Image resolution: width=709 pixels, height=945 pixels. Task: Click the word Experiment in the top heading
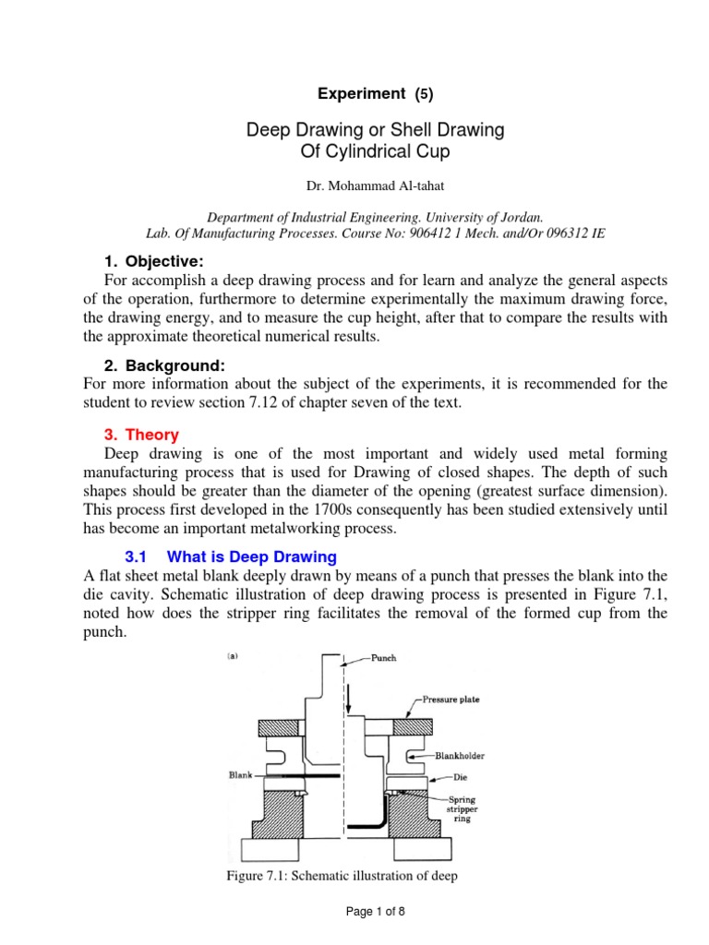pyautogui.click(x=361, y=93)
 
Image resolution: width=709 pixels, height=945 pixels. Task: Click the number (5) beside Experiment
pyautogui.click(x=423, y=94)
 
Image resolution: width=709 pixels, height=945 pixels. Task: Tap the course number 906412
pyautogui.click(x=473, y=234)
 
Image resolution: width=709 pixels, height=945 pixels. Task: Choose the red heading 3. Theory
pyautogui.click(x=139, y=434)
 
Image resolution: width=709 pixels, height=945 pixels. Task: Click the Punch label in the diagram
pyautogui.click(x=384, y=659)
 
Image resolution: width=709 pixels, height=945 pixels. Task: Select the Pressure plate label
pyautogui.click(x=452, y=700)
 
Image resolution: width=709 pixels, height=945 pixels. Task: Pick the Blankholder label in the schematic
pyautogui.click(x=459, y=756)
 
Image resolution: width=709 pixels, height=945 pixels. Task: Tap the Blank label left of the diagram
pyautogui.click(x=240, y=775)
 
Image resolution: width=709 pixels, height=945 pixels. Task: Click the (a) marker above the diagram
pyautogui.click(x=235, y=658)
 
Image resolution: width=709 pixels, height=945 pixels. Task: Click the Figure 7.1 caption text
pyautogui.click(x=342, y=875)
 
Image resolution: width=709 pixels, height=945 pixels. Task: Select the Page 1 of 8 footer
pyautogui.click(x=375, y=912)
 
